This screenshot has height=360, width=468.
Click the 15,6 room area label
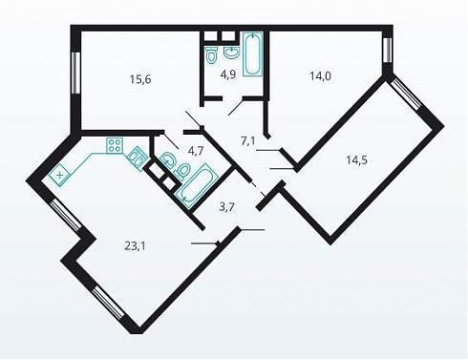tap(140, 78)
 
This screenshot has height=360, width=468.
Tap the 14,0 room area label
tap(320, 76)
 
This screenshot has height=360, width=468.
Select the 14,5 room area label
tap(356, 159)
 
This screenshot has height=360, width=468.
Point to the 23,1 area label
tap(135, 245)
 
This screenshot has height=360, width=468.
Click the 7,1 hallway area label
tap(248, 140)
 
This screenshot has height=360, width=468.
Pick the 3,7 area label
tap(227, 207)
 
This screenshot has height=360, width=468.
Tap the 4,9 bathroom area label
tap(228, 74)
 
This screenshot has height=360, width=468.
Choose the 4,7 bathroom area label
tap(196, 151)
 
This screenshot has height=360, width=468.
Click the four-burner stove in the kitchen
tap(115, 145)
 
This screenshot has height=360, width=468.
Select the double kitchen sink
tap(138, 159)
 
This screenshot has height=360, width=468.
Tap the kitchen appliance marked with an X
tap(59, 175)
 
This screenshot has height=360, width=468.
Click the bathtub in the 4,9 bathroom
tap(253, 53)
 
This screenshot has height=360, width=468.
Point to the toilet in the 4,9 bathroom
tap(211, 54)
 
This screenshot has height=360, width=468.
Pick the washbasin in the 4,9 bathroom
tap(231, 53)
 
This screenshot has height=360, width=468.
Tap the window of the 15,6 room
tap(75, 73)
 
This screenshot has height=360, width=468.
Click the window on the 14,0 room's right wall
tap(387, 51)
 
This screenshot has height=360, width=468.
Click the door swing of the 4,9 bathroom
tap(236, 108)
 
